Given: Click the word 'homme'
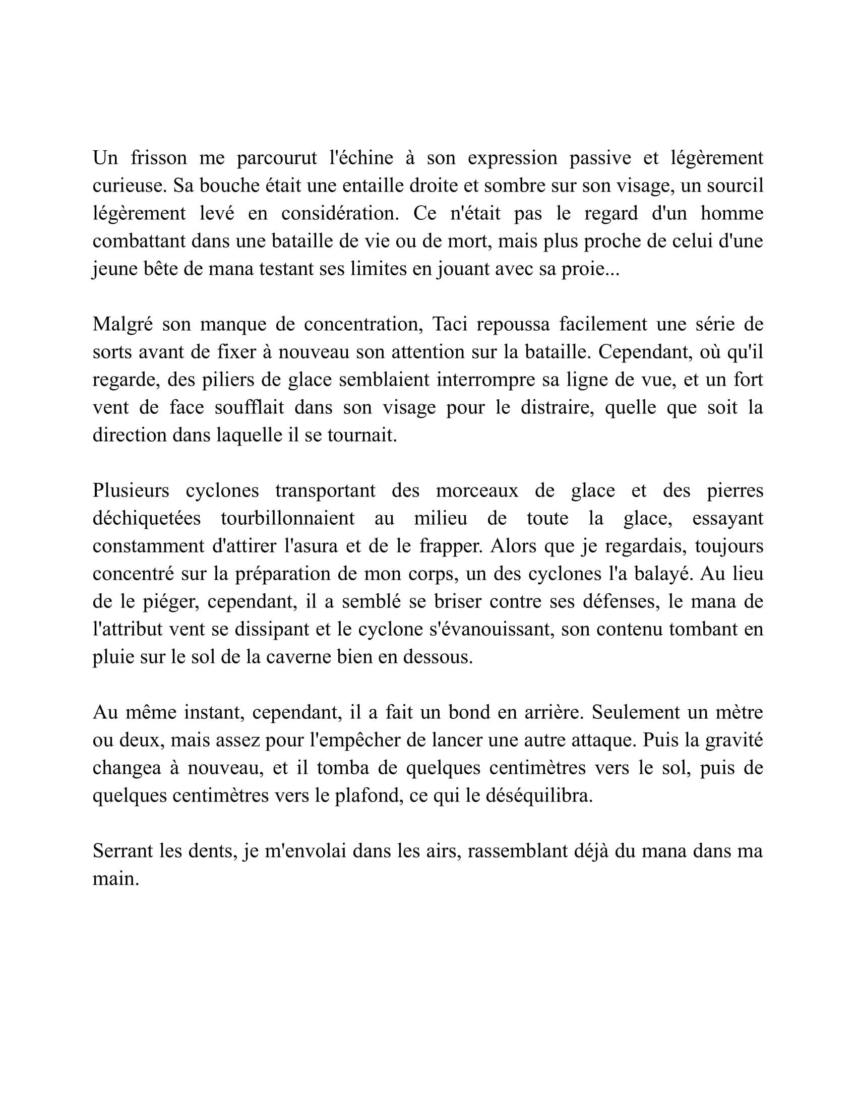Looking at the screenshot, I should coord(731,213).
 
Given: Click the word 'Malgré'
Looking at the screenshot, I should coord(123,324).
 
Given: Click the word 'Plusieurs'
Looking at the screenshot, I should coord(131,490).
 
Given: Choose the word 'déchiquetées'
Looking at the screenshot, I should coord(147,518).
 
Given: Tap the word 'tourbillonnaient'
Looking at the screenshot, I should coord(287,518).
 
